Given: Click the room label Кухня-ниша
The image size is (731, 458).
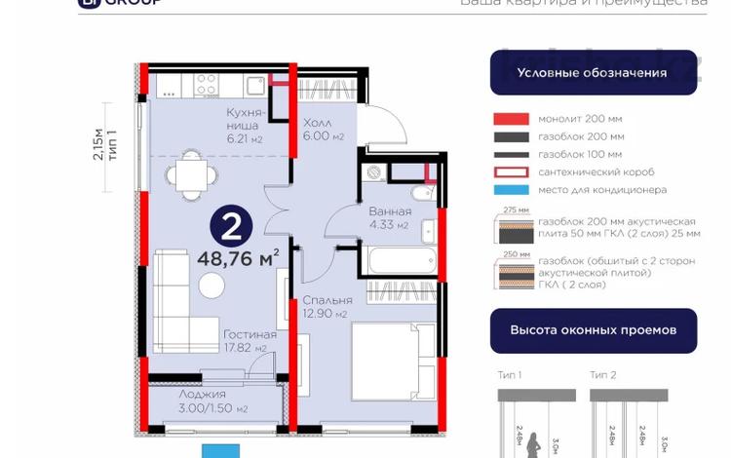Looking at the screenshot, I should pos(242,126).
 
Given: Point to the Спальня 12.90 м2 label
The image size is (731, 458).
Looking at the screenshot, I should pos(325,307).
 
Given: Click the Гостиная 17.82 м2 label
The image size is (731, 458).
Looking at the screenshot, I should pos(249,340).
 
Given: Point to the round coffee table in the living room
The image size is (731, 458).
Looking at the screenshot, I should pos(212,285).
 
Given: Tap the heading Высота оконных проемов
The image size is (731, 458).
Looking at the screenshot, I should pos(593,330).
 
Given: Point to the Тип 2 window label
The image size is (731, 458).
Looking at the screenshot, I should pos(602,374).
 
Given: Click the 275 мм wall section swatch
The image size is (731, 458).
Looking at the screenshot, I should pos(514,235).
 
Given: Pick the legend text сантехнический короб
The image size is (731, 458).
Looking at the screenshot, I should pos(596,172).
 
